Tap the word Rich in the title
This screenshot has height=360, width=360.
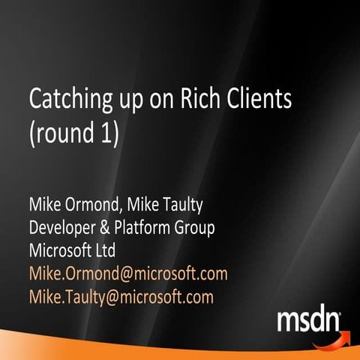[203, 98]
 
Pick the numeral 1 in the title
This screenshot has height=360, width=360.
[111, 136]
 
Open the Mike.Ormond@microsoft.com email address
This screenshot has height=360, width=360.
[127, 274]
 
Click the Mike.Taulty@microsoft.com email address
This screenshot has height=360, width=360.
[121, 297]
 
